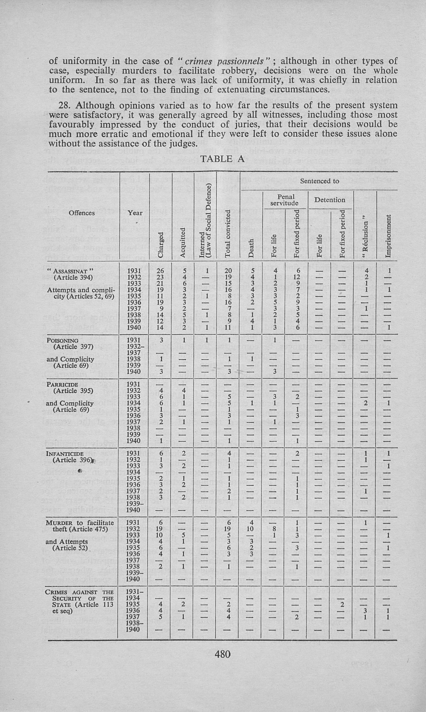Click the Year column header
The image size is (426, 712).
click(x=135, y=213)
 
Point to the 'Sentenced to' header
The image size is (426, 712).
click(x=319, y=181)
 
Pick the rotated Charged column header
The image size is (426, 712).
click(x=161, y=244)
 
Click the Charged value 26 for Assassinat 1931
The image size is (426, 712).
click(x=161, y=271)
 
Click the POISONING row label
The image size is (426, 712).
click(x=63, y=340)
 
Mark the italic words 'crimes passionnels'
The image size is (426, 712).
click(x=225, y=61)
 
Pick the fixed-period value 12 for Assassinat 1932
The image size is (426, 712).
click(x=297, y=277)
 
